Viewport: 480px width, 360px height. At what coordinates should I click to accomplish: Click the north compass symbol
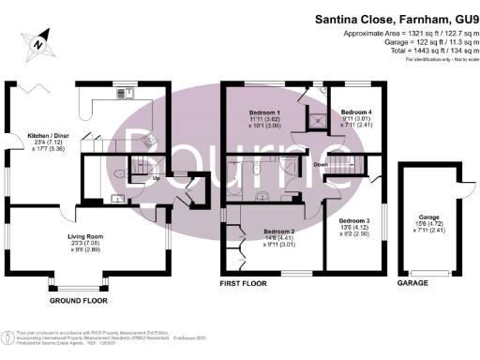tap(35, 42)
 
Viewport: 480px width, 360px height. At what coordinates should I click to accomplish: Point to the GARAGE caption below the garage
tap(413, 281)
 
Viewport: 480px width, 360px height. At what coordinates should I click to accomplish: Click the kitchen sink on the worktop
tap(123, 93)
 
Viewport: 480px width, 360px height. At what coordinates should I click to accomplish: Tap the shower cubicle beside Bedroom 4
tap(322, 119)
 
